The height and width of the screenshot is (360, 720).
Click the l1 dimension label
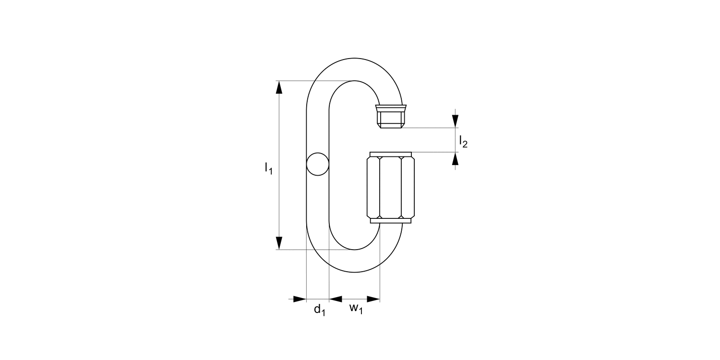click(x=268, y=168)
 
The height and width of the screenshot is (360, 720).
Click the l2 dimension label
click(x=463, y=142)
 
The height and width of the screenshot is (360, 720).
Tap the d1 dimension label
click(x=320, y=310)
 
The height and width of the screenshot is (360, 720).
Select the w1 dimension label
click(x=356, y=309)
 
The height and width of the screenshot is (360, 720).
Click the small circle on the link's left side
click(x=318, y=164)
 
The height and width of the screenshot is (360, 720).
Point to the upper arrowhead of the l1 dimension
click(x=279, y=87)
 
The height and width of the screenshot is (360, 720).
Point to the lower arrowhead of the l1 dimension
click(x=279, y=243)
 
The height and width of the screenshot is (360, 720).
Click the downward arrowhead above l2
click(x=455, y=121)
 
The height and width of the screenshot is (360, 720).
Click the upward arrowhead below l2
click(x=455, y=158)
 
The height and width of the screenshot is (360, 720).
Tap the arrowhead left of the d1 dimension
click(x=300, y=299)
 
